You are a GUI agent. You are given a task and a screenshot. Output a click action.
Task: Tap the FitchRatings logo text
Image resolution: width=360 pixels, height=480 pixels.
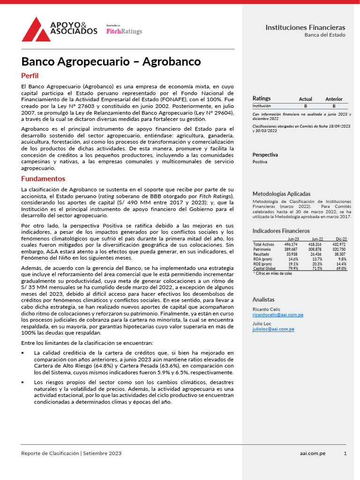click(124, 31)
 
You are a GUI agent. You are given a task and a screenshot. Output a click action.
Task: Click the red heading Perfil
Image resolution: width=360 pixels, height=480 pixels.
click(30, 75)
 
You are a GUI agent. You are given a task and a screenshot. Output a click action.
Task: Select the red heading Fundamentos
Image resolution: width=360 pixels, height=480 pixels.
click(43, 179)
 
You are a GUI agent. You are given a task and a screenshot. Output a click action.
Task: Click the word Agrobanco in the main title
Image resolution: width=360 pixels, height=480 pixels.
click(171, 61)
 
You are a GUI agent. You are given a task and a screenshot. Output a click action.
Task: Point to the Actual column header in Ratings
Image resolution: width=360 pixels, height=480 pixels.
click(305, 99)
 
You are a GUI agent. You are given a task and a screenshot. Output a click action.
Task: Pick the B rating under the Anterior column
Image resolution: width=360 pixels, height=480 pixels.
click(334, 106)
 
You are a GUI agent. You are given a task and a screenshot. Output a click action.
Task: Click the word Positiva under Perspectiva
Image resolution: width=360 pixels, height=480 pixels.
click(260, 162)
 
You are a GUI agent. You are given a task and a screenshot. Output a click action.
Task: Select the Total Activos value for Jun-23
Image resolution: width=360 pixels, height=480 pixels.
click(291, 244)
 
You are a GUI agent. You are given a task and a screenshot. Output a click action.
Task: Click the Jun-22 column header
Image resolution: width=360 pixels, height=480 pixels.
click(317, 239)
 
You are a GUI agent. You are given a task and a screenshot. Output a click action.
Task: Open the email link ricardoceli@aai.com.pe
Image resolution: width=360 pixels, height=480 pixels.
click(277, 315)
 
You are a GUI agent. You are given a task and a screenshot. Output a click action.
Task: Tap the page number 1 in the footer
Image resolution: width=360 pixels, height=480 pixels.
click(345, 453)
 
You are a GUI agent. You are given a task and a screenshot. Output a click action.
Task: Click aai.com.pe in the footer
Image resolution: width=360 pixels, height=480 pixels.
click(313, 453)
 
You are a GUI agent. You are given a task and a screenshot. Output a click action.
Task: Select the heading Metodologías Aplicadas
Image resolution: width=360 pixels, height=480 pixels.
click(281, 194)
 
